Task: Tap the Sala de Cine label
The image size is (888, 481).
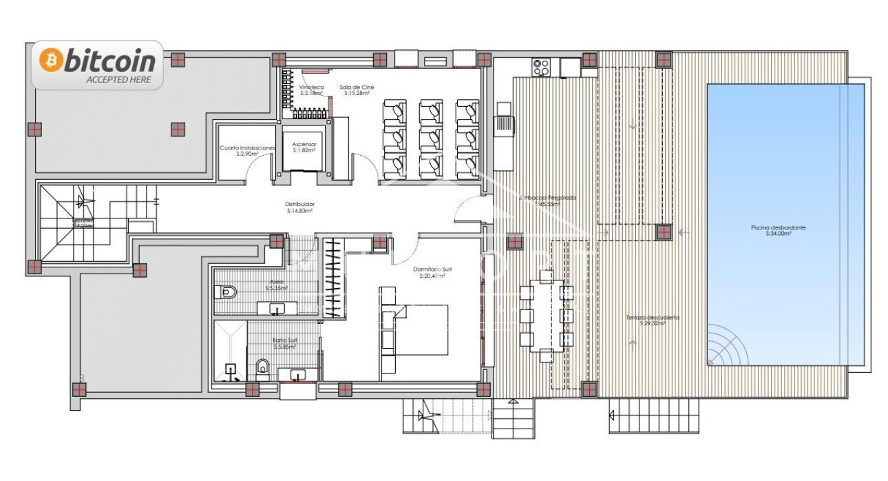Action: [356, 88]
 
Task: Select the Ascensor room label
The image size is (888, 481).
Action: [304, 144]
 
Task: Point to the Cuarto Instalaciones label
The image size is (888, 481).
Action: [247, 148]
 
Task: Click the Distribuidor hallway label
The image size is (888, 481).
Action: [300, 205]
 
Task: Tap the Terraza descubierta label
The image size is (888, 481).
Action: [653, 318]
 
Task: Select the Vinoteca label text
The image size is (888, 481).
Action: [311, 88]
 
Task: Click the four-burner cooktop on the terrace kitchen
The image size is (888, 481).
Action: [541, 67]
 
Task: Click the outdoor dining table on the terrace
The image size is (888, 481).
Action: [547, 316]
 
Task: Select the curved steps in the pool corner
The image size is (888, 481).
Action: [728, 349]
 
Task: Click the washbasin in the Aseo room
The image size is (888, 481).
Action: [277, 307]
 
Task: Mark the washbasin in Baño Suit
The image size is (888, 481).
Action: [298, 374]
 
